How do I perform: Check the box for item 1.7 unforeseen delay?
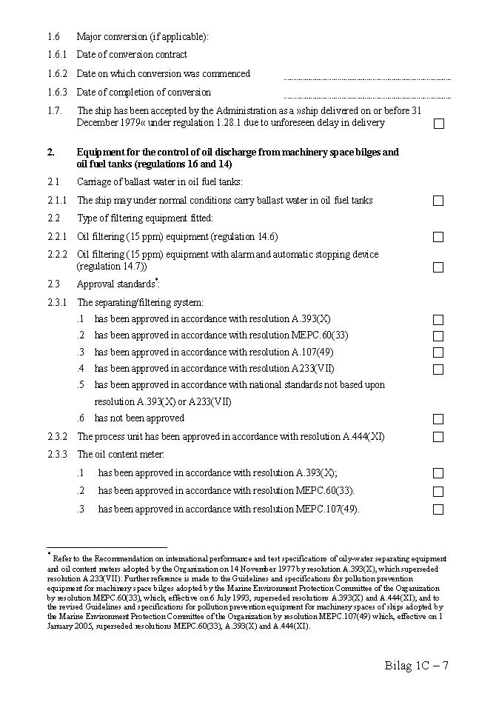coord(438,124)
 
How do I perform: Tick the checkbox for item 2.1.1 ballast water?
coord(438,201)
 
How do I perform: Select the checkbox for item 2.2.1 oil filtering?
coord(438,237)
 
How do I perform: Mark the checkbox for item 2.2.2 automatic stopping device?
coord(438,267)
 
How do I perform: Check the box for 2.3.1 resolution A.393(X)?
coord(438,320)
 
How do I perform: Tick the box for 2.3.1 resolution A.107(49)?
coord(438,353)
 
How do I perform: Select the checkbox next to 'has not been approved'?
coord(438,419)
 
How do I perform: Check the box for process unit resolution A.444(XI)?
coord(438,437)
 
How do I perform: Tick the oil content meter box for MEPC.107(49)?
coord(438,509)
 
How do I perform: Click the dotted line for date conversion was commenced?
coord(367,78)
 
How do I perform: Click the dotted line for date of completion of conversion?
coord(367,97)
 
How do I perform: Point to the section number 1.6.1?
coord(56,55)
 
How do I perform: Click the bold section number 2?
coord(51,153)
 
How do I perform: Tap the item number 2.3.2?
coord(57,437)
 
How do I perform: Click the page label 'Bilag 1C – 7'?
coord(416,665)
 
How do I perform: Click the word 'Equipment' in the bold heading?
coord(101,153)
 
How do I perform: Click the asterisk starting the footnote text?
coord(49,554)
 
